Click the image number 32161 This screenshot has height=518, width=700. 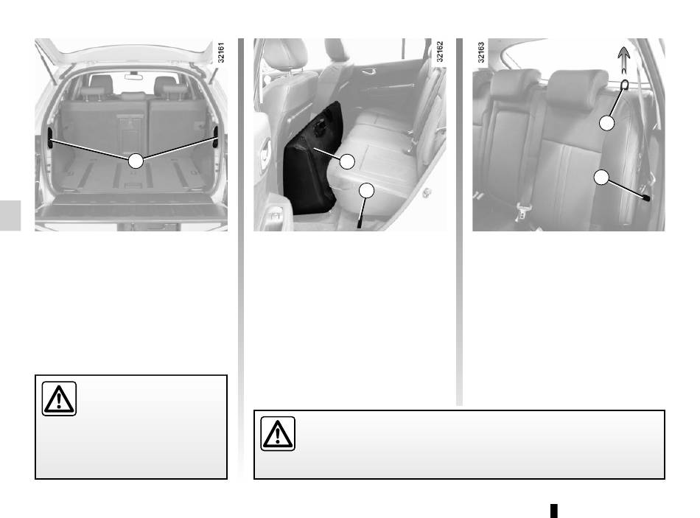(x=221, y=53)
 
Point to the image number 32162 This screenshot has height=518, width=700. (x=440, y=52)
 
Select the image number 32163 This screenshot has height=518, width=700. (x=481, y=52)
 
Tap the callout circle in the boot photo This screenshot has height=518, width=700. (x=136, y=161)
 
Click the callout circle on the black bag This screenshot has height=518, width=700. (x=347, y=161)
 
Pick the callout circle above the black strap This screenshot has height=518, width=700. (x=366, y=191)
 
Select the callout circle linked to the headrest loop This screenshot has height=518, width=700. (x=606, y=123)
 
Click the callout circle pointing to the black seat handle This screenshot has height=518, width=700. (x=601, y=178)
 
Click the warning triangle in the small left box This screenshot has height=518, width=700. (x=59, y=399)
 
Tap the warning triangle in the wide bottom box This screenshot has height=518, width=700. (x=278, y=433)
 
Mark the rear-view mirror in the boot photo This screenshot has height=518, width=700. (x=133, y=77)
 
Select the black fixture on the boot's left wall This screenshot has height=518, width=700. (x=50, y=138)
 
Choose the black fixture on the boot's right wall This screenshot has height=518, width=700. (x=216, y=136)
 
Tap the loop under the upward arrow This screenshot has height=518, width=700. (x=625, y=84)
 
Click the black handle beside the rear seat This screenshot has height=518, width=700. (x=645, y=197)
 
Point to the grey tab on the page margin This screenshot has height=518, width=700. (x=10, y=215)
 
